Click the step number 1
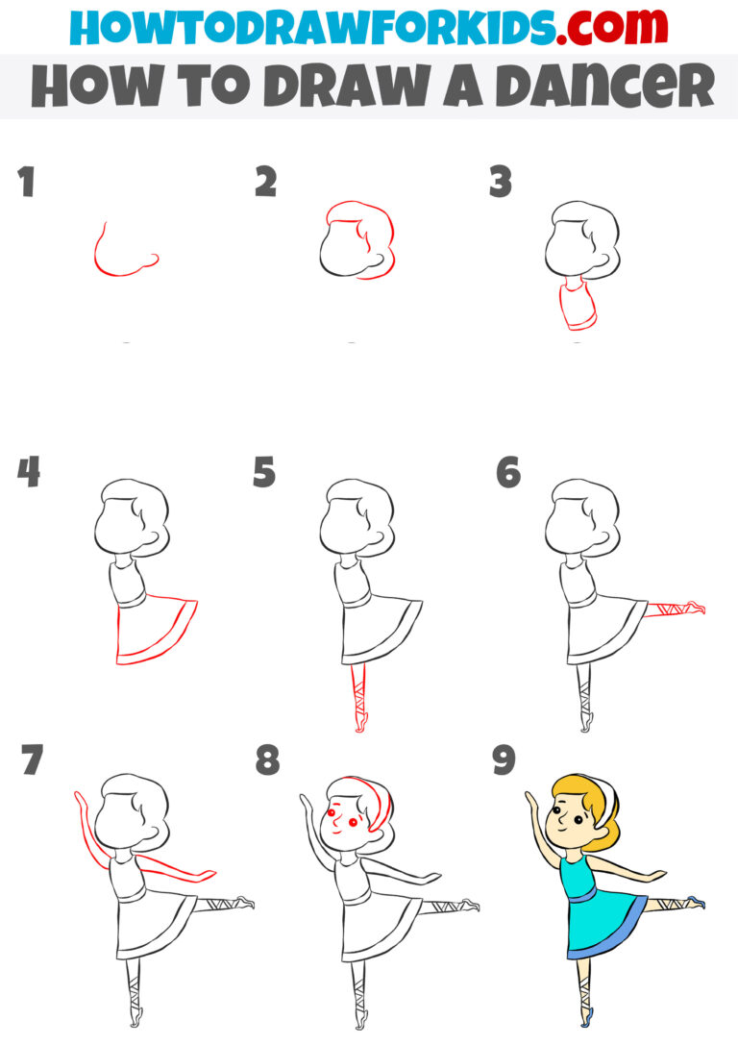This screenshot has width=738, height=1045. [x=26, y=183]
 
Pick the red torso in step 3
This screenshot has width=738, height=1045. [x=577, y=308]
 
